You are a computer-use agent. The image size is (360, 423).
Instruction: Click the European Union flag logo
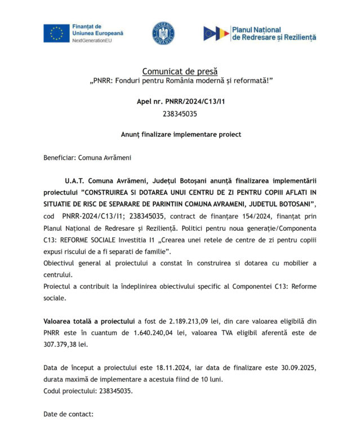[x=56, y=33]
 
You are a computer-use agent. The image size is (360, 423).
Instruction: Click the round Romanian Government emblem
[x=163, y=33]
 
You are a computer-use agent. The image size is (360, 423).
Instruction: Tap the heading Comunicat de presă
[x=179, y=71]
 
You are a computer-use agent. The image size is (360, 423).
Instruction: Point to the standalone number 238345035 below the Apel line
[x=180, y=113]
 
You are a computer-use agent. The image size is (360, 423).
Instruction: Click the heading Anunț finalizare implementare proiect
[x=180, y=134]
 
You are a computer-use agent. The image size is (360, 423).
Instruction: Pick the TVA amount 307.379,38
[x=63, y=344]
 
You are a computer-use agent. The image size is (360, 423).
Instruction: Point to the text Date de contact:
[x=68, y=415]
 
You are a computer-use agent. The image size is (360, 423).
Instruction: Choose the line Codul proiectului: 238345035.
[x=88, y=391]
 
